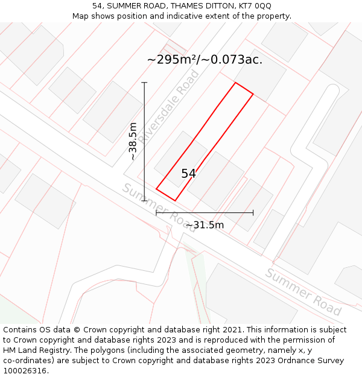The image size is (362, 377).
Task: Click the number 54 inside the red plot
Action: [188, 174]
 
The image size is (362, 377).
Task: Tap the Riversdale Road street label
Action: [170, 106]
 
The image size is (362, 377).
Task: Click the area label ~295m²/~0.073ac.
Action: [205, 60]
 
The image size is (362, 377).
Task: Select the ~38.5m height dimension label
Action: [133, 141]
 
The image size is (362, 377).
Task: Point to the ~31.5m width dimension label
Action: [205, 226]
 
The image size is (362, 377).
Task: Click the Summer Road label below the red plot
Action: [158, 207]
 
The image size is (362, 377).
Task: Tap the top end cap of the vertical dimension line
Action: [144, 82]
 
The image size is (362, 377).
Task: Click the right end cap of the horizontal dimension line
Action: [253, 212]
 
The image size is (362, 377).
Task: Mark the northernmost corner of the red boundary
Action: [235, 83]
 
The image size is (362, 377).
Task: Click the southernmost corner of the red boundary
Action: [175, 200]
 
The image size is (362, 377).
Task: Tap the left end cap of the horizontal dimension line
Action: [156, 212]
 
